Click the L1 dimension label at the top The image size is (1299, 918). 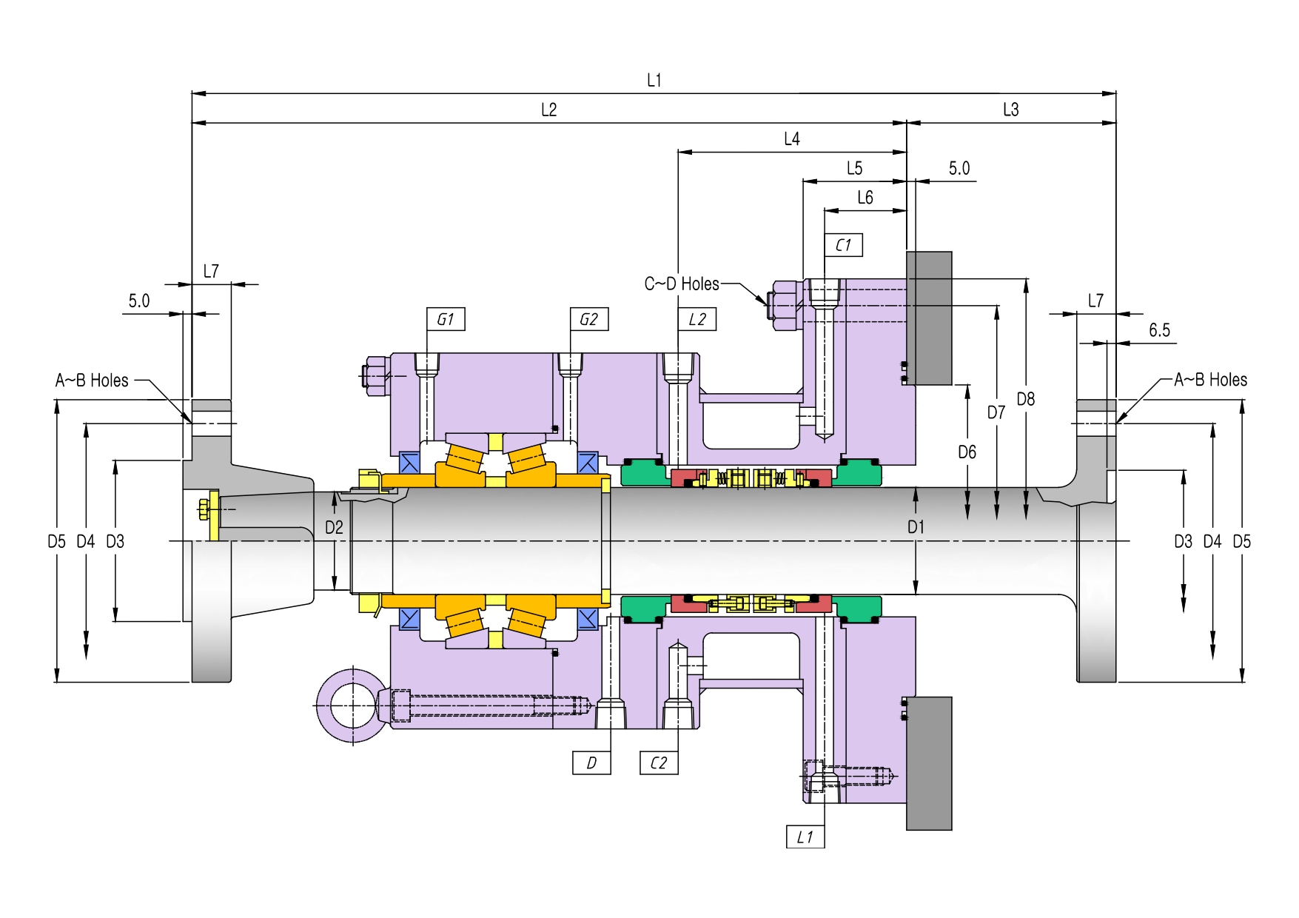coord(654,80)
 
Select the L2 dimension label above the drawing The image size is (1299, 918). coord(548,110)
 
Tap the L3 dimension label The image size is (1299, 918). coord(1011,110)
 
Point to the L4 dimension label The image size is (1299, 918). coord(792,138)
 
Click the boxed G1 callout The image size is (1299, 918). coord(446,319)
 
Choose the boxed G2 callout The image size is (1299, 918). coord(589,319)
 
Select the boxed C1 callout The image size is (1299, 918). coord(844,245)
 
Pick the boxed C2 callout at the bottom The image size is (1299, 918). coord(659,763)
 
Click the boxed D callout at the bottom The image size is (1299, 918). coord(591,763)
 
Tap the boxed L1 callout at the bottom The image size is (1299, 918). coord(805,837)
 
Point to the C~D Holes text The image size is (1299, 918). coord(682,284)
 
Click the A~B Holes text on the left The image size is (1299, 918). coord(92,381)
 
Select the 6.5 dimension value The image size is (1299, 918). coord(1160,330)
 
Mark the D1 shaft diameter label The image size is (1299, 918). coord(916,526)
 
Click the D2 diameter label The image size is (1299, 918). coord(335,527)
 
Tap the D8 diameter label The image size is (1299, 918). coord(1026,399)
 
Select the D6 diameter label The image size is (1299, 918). coord(967,452)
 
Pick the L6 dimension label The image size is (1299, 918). coord(865,198)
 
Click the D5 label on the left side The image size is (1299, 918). coord(57,541)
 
